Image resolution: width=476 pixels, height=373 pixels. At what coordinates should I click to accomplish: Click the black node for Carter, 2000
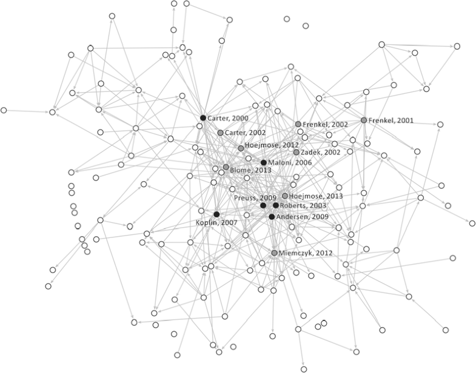point(203,117)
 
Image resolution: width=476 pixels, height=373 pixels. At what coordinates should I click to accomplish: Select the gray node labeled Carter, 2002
point(220,132)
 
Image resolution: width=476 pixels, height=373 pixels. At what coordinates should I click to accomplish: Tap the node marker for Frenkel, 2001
point(364,120)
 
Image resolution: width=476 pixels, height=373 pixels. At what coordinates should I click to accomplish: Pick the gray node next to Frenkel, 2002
point(298,124)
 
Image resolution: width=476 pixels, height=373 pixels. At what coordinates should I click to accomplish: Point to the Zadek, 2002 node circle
point(296,152)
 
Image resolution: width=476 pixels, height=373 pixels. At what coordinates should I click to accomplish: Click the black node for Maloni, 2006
point(263,162)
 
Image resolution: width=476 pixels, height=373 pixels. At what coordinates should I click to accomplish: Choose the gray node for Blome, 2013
point(226,167)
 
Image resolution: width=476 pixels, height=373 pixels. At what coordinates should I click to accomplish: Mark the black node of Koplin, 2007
point(216,214)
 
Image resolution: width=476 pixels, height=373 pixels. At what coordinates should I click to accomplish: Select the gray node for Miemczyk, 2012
point(274,253)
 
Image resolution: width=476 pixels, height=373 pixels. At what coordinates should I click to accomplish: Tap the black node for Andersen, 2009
point(272,216)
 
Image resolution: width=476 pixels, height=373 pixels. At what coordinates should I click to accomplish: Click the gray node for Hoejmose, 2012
point(241,148)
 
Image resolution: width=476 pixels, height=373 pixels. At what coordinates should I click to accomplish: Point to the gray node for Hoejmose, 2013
point(284,196)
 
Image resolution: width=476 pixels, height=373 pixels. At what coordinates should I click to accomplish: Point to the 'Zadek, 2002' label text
point(320,153)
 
